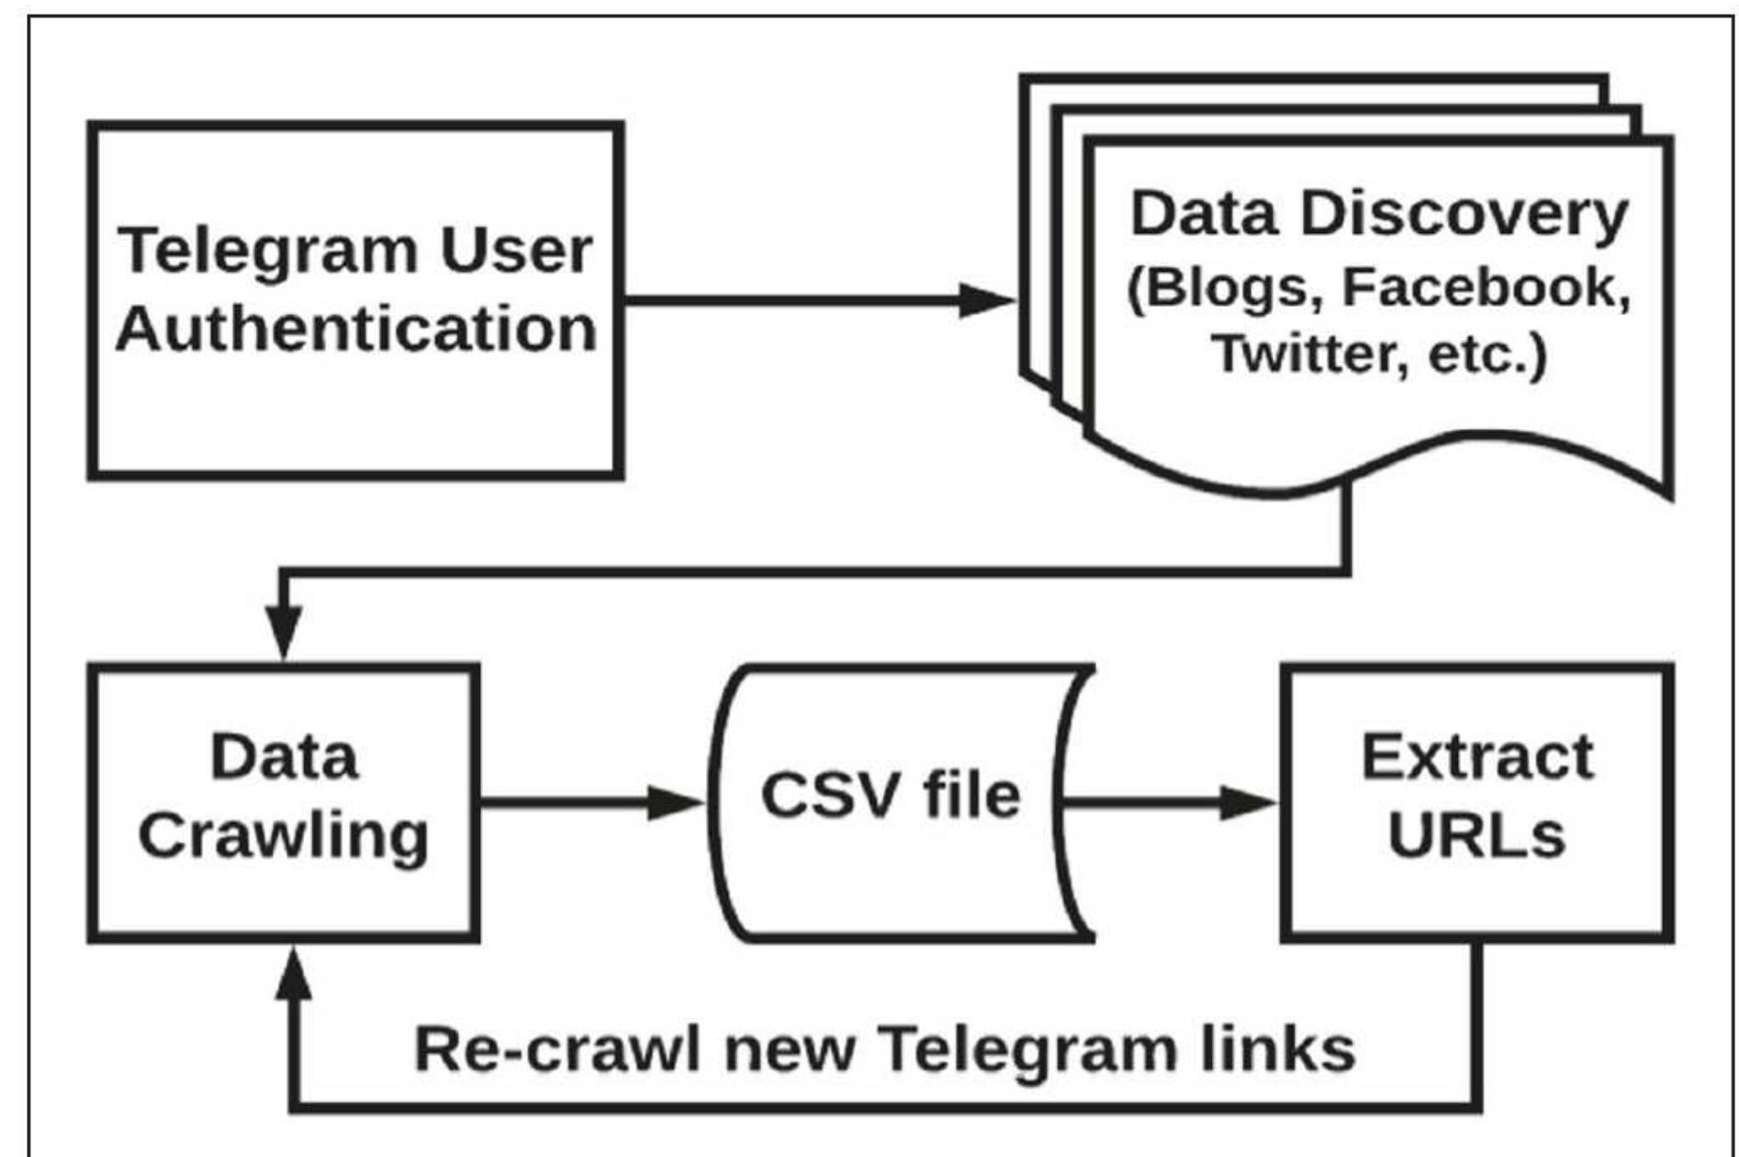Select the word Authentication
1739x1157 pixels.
coord(356,329)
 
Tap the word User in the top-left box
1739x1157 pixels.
coord(516,250)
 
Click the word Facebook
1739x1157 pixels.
coord(1486,286)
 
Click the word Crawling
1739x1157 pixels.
coord(284,836)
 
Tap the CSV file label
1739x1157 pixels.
coord(891,795)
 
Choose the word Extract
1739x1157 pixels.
coord(1476,758)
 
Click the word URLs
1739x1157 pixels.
coord(1476,836)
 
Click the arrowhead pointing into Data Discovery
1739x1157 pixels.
coord(986,299)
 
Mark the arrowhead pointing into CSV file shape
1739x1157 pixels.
coord(676,803)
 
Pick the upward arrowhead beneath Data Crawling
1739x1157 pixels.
coord(294,975)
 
